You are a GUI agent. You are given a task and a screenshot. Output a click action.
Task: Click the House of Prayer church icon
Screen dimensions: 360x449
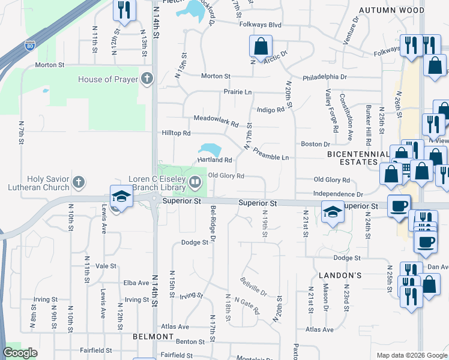147,79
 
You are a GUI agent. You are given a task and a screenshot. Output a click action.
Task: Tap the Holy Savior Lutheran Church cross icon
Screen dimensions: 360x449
78,181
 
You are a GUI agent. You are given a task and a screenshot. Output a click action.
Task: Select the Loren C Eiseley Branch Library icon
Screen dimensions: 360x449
195,181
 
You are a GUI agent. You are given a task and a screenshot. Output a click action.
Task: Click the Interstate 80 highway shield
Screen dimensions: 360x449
30,45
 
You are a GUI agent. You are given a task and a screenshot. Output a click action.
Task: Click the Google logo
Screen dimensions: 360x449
20,353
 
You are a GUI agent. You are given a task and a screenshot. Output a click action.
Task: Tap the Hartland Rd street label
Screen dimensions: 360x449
215,160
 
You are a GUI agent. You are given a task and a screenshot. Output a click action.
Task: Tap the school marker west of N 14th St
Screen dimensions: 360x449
120,197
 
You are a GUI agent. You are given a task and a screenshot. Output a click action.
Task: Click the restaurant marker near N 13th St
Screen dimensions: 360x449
124,10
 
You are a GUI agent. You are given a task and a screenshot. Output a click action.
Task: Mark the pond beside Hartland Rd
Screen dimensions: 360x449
209,148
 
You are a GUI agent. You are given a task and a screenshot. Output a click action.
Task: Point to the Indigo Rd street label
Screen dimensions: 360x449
270,110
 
